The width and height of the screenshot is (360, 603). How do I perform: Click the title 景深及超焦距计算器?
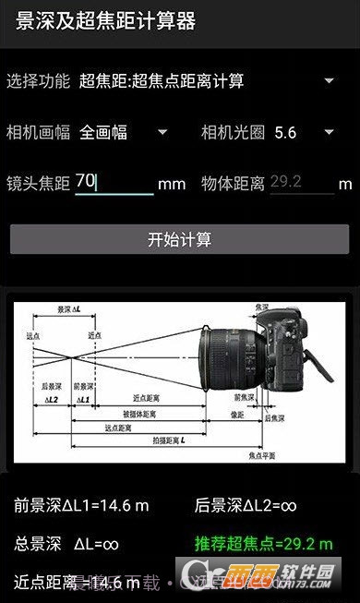click(x=105, y=21)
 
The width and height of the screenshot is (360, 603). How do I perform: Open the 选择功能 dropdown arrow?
click(x=330, y=80)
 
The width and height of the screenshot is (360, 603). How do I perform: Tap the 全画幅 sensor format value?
click(x=103, y=132)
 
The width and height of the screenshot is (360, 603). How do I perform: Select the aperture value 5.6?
click(x=285, y=132)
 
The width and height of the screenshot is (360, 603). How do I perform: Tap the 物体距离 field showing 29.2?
click(x=301, y=182)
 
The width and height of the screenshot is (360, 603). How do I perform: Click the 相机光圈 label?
click(x=234, y=132)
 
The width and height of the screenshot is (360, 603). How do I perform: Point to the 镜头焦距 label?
click(x=38, y=183)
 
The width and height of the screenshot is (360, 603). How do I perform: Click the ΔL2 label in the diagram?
click(x=51, y=400)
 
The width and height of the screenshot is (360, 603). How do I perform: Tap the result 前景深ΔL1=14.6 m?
click(x=81, y=505)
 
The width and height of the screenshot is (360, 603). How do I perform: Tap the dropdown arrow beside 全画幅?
click(x=162, y=132)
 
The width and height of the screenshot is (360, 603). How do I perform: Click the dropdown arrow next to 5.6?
click(x=330, y=132)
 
